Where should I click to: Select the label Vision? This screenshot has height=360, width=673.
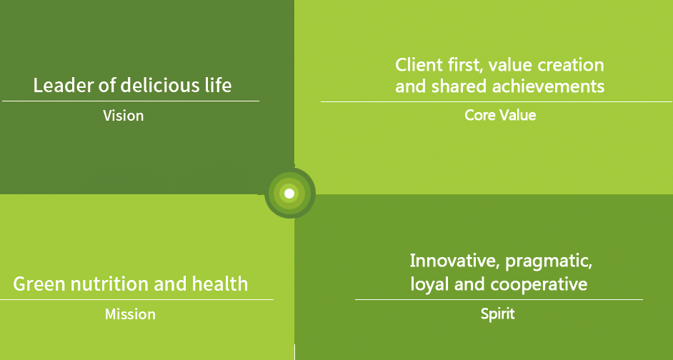point(123,116)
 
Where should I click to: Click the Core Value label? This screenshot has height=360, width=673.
point(500,115)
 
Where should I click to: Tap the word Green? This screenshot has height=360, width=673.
point(39,284)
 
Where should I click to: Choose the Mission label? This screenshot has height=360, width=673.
point(130,314)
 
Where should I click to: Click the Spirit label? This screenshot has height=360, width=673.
point(497,314)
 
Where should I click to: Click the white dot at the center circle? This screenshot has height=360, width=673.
point(289,194)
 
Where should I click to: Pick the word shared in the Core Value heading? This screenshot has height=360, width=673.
point(459,86)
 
